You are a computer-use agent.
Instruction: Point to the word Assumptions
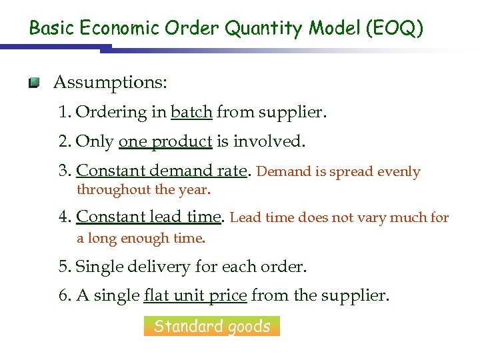coord(110,83)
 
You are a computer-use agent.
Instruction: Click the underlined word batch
coord(191,112)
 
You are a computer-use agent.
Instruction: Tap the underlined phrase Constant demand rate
coord(162,171)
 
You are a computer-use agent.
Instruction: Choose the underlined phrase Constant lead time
coord(149,217)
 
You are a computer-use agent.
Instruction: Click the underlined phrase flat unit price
coord(195,295)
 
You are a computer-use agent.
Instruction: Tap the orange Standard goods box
coord(212,326)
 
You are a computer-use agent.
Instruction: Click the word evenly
coord(399,171)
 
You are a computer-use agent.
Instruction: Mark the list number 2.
coord(63,141)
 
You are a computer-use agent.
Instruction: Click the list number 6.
coord(63,295)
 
